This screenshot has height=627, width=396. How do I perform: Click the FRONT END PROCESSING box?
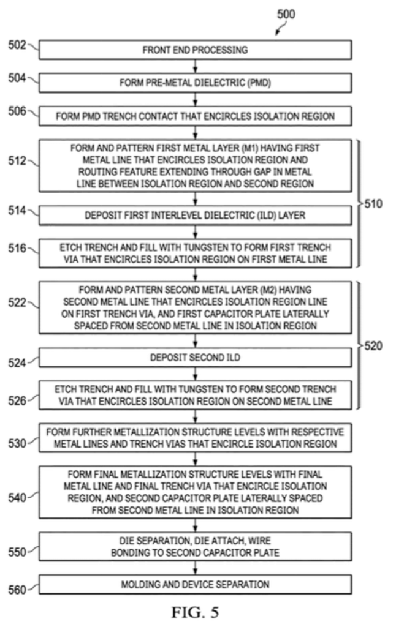click(x=195, y=50)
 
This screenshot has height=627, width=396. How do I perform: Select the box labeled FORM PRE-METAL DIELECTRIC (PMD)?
click(x=195, y=82)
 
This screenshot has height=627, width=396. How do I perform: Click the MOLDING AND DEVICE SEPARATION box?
click(x=195, y=584)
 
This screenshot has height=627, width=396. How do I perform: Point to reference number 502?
click(x=17, y=45)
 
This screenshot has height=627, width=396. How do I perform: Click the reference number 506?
click(x=17, y=111)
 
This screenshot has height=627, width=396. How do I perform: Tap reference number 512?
click(x=17, y=162)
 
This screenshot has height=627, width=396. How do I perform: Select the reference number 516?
click(x=17, y=250)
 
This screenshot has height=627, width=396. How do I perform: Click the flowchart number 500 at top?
click(x=285, y=14)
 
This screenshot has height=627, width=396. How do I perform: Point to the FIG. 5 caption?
click(x=195, y=612)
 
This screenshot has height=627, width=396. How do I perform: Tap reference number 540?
click(x=17, y=497)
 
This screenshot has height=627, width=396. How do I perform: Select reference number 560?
click(x=17, y=590)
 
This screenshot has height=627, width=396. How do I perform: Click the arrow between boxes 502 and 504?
click(x=195, y=66)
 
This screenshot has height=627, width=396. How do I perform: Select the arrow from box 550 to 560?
click(x=195, y=568)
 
